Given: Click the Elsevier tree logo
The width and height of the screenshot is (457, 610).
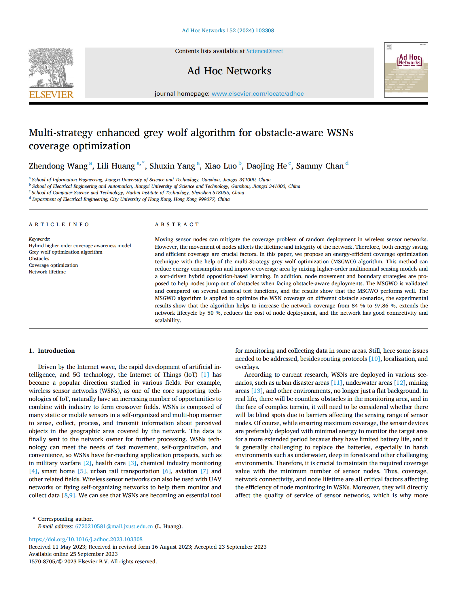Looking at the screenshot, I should click(51, 68).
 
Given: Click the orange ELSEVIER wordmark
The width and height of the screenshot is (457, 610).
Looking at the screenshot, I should click(51, 95).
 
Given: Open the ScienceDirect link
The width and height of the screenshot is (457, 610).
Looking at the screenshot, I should click(264, 51).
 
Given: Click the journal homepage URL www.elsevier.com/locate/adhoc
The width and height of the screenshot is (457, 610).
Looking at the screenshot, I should click(257, 94).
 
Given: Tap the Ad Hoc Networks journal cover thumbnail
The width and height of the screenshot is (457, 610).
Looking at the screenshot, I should click(406, 70).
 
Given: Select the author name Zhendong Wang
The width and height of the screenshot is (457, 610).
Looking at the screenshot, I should click(58, 166).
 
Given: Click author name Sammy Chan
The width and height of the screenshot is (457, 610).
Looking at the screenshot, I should click(320, 166).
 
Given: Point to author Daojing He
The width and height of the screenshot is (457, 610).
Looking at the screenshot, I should click(266, 166).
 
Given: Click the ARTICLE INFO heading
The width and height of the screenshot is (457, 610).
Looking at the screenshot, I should click(59, 224).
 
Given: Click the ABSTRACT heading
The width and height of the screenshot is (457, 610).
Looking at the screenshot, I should click(177, 224).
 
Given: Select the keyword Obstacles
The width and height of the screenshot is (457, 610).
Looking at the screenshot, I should click(39, 258).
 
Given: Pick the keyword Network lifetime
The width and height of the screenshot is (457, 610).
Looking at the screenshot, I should click(47, 272).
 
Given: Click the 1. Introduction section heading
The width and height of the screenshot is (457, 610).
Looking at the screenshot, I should click(52, 351).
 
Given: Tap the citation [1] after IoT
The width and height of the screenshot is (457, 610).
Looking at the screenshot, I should click(205, 375).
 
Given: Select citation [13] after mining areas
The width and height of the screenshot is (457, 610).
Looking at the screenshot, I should click(257, 391).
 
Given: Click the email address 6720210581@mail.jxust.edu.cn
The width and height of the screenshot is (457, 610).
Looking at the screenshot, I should click(114, 526).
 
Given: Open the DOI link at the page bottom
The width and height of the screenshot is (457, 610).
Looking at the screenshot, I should click(86, 539).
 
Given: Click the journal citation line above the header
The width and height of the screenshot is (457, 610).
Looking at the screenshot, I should click(228, 31).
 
